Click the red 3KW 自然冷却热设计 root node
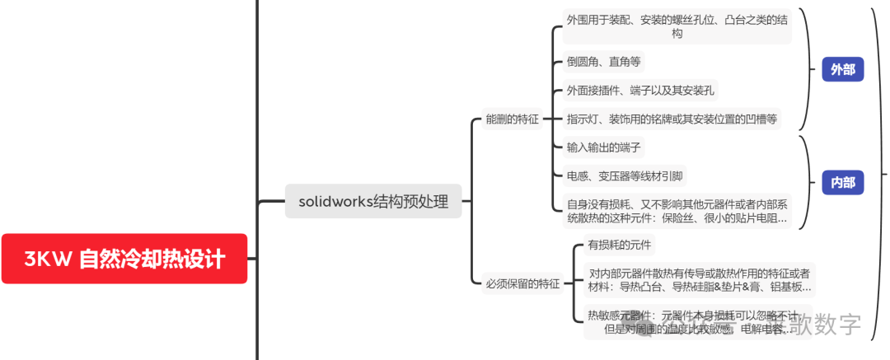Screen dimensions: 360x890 [124, 259]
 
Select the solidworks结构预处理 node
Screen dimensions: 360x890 [373, 201]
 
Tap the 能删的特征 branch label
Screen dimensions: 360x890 [512, 119]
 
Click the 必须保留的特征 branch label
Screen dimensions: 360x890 [521, 284]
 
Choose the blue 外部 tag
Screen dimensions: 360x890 [842, 70]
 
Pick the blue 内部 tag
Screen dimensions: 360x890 [842, 182]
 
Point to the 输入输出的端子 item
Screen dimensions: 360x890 [604, 147]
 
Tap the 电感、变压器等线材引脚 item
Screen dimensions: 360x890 [625, 176]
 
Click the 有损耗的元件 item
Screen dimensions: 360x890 [619, 245]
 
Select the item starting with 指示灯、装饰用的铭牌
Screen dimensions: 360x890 [672, 119]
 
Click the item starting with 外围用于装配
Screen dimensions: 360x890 [677, 26]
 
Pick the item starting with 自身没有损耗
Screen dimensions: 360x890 [676, 210]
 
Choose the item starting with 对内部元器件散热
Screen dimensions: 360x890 [700, 280]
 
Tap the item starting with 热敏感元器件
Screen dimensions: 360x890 [692, 322]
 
